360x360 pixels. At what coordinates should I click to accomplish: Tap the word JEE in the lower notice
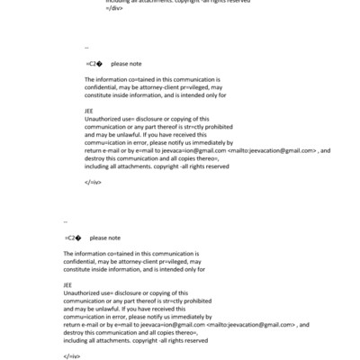coord(68,284)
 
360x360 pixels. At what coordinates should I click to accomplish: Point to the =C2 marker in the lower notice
coord(72,238)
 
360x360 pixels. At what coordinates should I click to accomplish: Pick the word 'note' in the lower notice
coord(112,238)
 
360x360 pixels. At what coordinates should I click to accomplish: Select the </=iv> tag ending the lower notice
coord(73,355)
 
